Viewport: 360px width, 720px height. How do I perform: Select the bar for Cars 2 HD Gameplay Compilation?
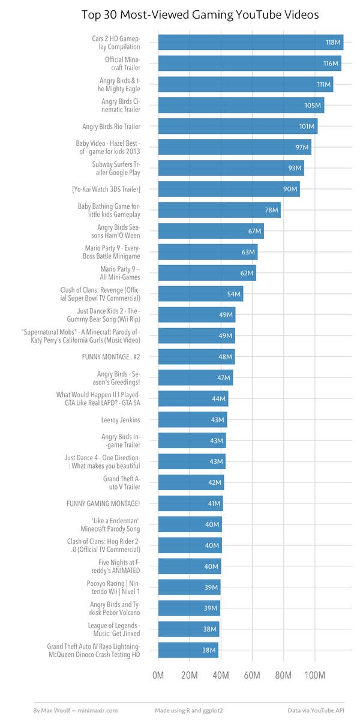250,43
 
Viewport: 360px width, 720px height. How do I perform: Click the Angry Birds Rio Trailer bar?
238,127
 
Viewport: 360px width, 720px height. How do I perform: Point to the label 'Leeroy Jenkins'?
121,420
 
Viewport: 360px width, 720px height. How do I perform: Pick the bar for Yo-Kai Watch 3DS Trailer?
229,190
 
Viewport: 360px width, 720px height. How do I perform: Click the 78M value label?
271,211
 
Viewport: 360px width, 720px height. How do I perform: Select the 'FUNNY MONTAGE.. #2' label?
111,357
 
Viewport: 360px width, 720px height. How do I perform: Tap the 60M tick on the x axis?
252,676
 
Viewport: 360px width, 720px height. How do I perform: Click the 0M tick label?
158,676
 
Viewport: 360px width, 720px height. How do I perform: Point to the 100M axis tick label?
315,676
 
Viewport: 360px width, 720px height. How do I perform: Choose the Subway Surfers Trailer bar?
231,169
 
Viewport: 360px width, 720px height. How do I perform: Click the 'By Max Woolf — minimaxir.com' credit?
75,710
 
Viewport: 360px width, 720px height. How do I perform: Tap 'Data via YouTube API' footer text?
316,710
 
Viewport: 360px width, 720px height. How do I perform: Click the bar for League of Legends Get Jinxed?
188,629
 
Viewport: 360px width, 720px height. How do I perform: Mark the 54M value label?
233,295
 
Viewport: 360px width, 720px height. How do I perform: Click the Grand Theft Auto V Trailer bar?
191,483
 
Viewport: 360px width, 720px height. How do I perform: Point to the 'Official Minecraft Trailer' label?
122,64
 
